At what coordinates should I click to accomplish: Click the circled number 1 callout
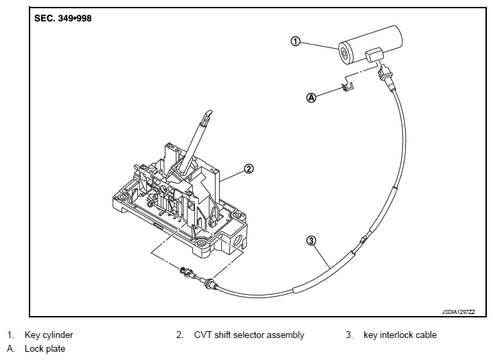tap(295, 41)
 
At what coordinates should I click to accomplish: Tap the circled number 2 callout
tap(249, 169)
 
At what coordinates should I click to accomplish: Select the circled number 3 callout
tap(311, 240)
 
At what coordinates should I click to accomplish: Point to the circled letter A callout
tap(311, 98)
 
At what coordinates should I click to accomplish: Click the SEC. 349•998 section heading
tap(63, 19)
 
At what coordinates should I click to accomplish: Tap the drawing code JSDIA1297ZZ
tap(459, 312)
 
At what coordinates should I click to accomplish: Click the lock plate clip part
tap(347, 87)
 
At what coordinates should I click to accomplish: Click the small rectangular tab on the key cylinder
tap(374, 55)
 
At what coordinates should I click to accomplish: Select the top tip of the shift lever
tap(208, 113)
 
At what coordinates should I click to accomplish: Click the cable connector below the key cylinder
tap(385, 75)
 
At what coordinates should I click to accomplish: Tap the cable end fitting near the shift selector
tap(196, 277)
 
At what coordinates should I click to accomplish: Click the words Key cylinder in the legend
tap(49, 335)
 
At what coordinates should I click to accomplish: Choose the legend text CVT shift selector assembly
tap(249, 335)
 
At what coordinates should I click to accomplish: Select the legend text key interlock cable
tap(400, 335)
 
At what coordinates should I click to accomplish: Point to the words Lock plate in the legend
tap(45, 349)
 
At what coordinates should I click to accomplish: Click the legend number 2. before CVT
tap(179, 335)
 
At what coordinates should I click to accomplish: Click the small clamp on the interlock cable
tap(363, 240)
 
